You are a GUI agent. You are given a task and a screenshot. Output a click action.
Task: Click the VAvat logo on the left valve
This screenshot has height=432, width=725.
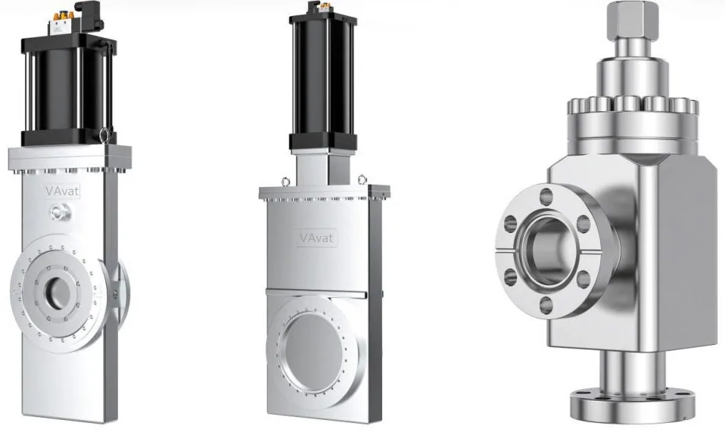62,191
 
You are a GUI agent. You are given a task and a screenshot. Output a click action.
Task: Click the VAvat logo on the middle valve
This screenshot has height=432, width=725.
316,238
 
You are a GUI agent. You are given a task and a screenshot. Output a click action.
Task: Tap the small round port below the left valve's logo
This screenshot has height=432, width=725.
60,212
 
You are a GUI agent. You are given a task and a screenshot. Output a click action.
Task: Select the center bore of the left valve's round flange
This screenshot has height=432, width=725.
58,293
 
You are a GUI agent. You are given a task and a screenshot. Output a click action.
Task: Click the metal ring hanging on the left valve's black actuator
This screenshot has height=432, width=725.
104,134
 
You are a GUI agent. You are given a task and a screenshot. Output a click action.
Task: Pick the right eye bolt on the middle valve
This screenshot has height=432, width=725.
362,179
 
